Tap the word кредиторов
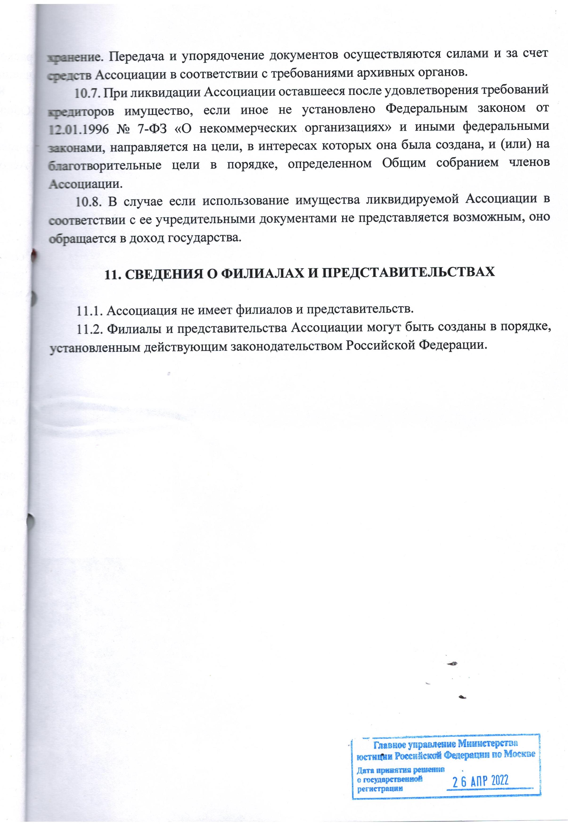81,110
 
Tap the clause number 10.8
89,202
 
